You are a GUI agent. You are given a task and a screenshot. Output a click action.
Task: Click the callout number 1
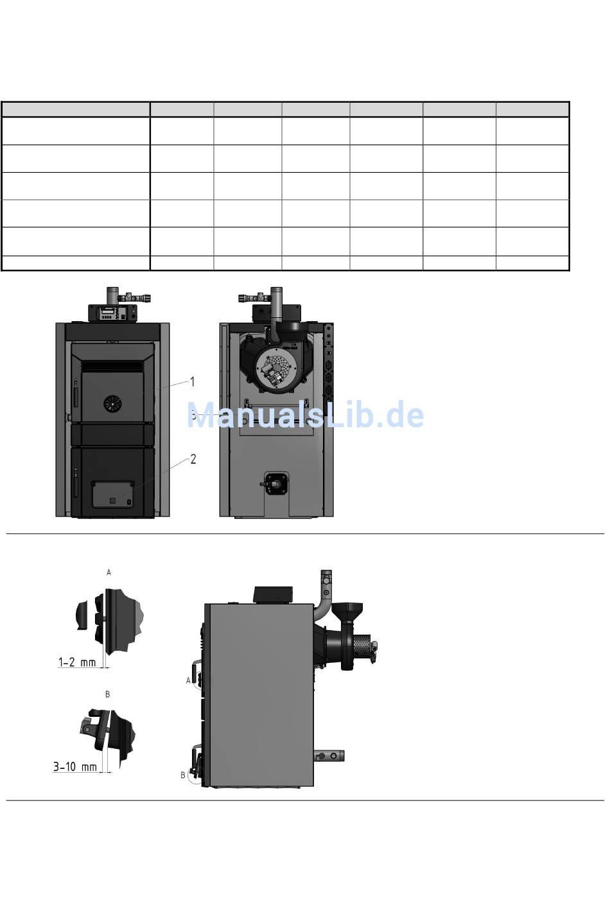point(193,382)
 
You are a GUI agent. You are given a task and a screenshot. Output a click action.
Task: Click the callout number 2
point(193,459)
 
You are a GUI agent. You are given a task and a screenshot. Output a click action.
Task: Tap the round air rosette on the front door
point(112,403)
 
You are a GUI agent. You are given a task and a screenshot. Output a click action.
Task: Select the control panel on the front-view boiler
point(112,313)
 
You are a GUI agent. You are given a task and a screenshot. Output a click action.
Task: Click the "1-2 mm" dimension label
point(77,662)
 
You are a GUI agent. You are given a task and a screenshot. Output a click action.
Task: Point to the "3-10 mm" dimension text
point(75,766)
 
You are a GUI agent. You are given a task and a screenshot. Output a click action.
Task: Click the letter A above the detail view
point(109,572)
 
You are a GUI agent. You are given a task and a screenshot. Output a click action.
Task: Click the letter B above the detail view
point(107,694)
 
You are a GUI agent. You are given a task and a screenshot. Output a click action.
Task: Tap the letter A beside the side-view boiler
point(188,680)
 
